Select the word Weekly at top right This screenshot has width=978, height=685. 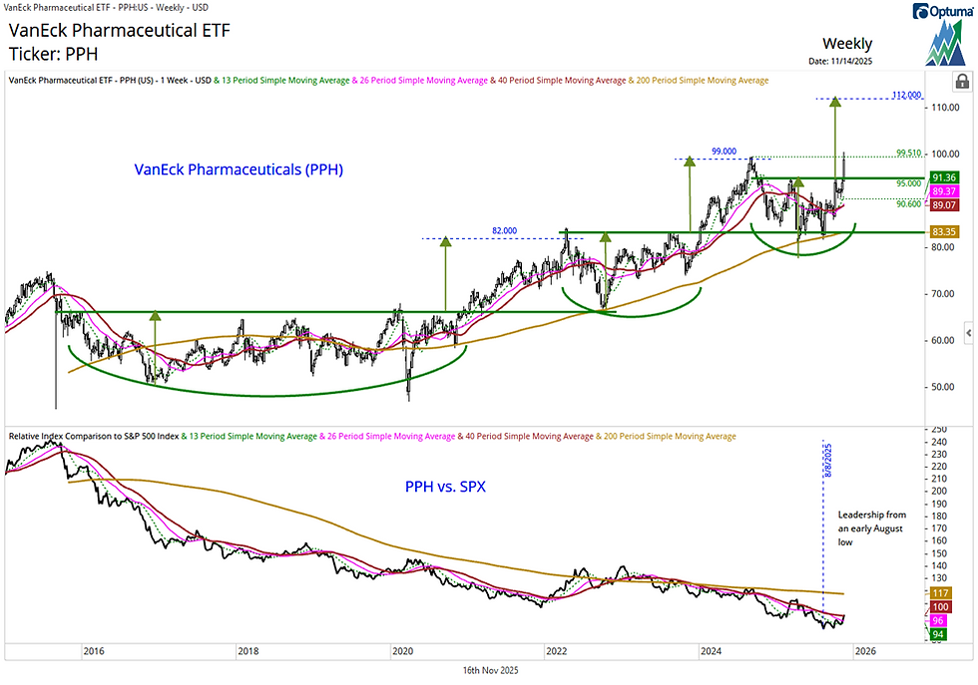pos(846,44)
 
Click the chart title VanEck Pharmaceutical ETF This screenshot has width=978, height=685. pos(119,31)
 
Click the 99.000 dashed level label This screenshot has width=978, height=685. pos(711,150)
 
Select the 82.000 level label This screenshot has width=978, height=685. pos(505,230)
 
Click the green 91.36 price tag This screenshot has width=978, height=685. pos(943,177)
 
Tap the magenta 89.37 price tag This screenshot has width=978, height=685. pos(943,191)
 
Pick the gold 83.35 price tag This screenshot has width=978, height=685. pos(943,231)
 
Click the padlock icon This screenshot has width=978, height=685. pos(961,81)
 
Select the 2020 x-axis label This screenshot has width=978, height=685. pos(402,651)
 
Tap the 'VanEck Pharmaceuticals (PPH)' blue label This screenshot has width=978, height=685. pos(239,170)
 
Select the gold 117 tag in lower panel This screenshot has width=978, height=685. pos(939,592)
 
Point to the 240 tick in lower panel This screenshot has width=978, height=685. pos(938,442)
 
